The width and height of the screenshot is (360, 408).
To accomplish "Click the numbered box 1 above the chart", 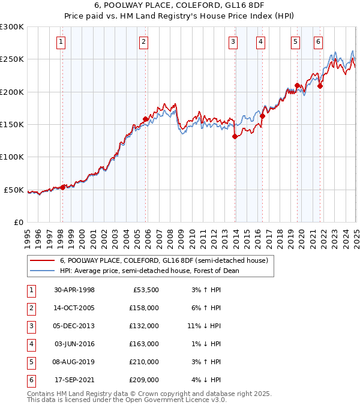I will pyautogui.click(x=62, y=42).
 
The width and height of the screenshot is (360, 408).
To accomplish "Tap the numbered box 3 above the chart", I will pyautogui.click(x=233, y=42).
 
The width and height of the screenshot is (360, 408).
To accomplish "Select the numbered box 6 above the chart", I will pyautogui.click(x=318, y=42).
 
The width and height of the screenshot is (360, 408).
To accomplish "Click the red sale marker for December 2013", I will pyautogui.click(x=235, y=137).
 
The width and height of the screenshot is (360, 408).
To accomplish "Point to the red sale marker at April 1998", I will pyautogui.click(x=63, y=187).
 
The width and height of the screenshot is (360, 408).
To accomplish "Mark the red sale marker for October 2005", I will pyautogui.click(x=145, y=119).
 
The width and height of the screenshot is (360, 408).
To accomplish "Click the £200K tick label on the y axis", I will pyautogui.click(x=12, y=92).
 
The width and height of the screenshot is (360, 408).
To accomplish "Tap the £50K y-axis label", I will pyautogui.click(x=14, y=190).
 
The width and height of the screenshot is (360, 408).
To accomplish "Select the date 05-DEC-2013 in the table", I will pyautogui.click(x=74, y=326).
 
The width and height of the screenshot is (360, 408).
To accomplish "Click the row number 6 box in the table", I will pyautogui.click(x=29, y=380).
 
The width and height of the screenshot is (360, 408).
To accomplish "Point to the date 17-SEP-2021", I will pyautogui.click(x=74, y=380).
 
